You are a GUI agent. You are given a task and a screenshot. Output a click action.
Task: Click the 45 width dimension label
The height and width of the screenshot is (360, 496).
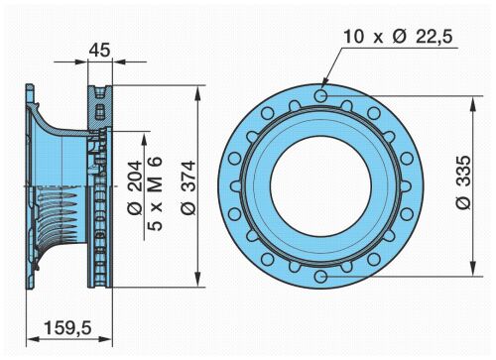click(100, 50)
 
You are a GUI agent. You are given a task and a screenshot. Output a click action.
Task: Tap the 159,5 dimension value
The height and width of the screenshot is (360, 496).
click(67, 328)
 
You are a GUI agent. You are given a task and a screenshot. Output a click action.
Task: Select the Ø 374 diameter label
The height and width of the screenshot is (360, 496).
click(189, 187)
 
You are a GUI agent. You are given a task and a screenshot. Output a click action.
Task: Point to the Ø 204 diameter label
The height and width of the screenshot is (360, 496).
click(135, 187)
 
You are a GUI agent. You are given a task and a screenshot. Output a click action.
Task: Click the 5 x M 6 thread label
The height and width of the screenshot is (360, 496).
click(155, 193)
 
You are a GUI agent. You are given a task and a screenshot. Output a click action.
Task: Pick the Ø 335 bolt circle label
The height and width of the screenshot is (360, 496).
click(463, 182)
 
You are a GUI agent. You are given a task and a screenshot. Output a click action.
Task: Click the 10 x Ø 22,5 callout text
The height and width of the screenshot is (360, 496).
click(398, 36)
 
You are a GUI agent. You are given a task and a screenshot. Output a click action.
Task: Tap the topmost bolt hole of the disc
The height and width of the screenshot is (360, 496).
click(320, 96)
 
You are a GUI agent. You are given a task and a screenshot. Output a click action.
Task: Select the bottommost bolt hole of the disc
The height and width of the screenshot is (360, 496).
click(320, 277)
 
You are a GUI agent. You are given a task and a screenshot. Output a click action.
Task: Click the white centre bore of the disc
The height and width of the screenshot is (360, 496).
click(320, 186)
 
